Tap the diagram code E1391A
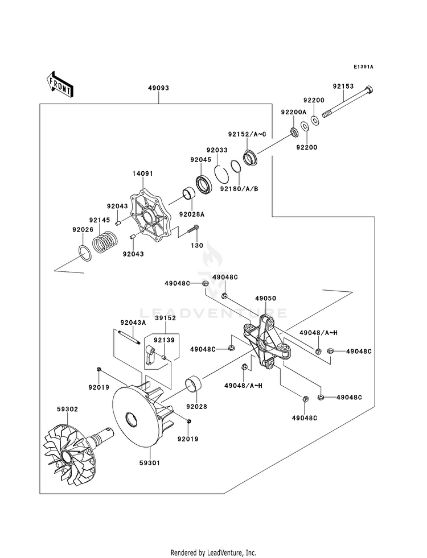click(x=363, y=67)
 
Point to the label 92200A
click(x=293, y=112)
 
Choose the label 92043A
click(x=132, y=323)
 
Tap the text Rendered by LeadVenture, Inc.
click(x=213, y=552)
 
